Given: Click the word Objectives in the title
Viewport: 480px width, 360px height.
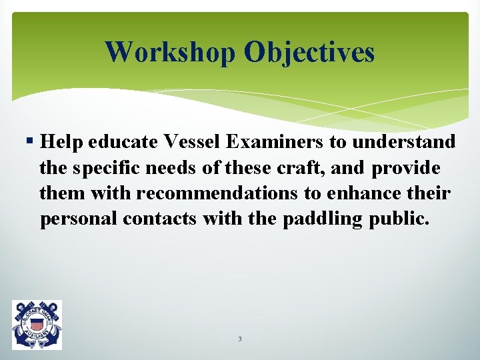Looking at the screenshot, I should [x=309, y=52].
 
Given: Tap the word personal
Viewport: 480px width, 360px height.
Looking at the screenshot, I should [x=79, y=219].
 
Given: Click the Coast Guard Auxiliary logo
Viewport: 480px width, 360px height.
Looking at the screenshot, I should [x=37, y=325].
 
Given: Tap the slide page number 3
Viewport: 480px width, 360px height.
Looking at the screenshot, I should [x=239, y=339].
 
